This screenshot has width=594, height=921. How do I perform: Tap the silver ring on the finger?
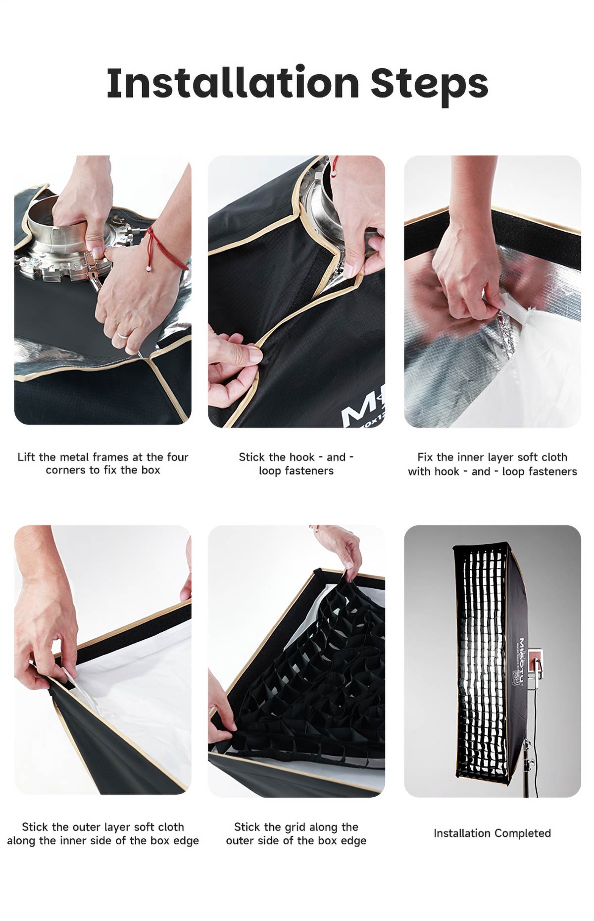coord(122,334)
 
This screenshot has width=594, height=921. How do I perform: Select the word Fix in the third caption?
coord(425,457)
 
